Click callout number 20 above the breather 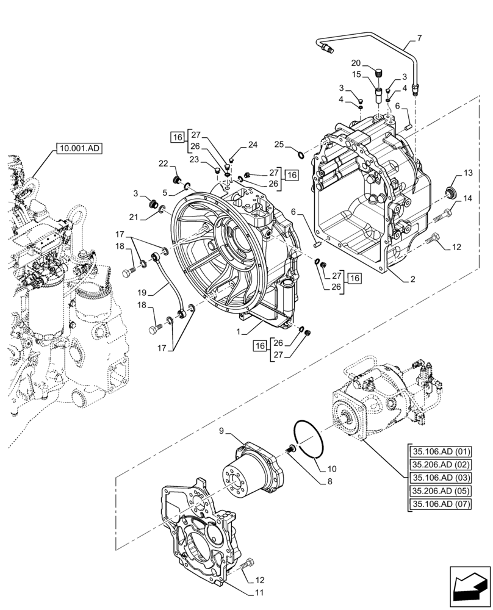356,63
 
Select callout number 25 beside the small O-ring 279,145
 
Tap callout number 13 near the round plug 467,173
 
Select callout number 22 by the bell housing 163,163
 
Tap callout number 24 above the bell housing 253,145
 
